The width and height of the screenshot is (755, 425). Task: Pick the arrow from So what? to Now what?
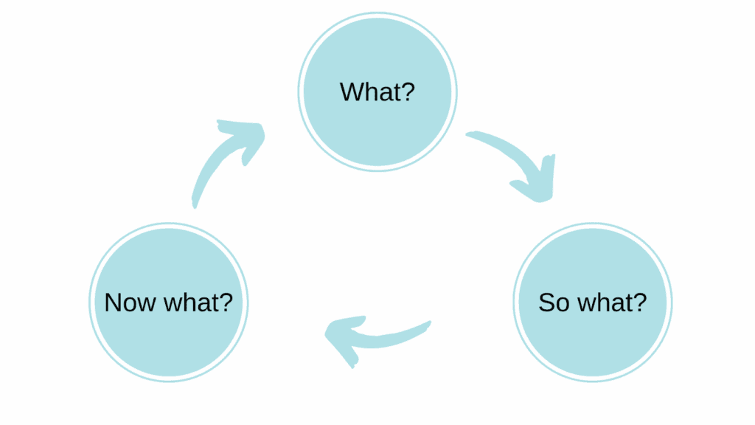(x=376, y=336)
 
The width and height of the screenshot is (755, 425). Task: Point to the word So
(x=552, y=303)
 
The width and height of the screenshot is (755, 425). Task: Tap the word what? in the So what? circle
(x=609, y=303)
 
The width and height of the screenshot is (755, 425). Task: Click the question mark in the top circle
(x=408, y=92)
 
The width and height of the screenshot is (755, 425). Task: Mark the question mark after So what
(x=641, y=303)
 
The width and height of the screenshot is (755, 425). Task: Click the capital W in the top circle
(x=351, y=92)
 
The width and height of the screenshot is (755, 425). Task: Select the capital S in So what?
(x=546, y=303)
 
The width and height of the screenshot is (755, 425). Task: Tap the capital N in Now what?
(x=112, y=303)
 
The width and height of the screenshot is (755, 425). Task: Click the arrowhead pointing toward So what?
(x=537, y=184)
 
